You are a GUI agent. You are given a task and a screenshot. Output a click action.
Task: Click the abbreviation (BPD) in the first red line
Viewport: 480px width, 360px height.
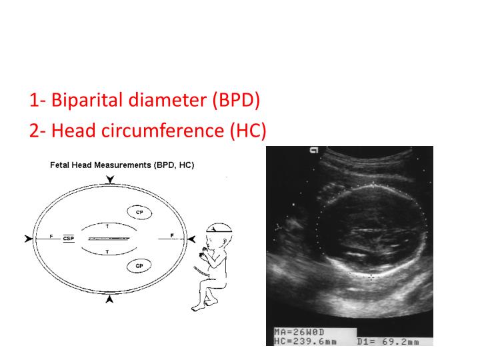tap(237, 101)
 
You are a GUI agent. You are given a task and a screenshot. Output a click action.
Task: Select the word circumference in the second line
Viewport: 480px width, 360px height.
tap(161, 131)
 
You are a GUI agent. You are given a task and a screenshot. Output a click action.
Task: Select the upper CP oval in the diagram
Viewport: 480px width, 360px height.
tap(139, 212)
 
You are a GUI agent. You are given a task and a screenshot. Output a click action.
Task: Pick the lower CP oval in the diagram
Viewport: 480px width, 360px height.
tap(139, 266)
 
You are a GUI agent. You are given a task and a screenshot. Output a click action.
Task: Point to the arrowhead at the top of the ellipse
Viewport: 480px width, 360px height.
tap(110, 179)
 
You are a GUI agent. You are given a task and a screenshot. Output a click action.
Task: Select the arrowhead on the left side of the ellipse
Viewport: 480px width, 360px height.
tap(28, 238)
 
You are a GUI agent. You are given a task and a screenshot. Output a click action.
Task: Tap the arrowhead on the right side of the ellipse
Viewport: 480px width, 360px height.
tap(191, 238)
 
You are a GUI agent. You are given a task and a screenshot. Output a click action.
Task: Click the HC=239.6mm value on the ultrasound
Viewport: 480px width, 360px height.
tap(305, 341)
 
